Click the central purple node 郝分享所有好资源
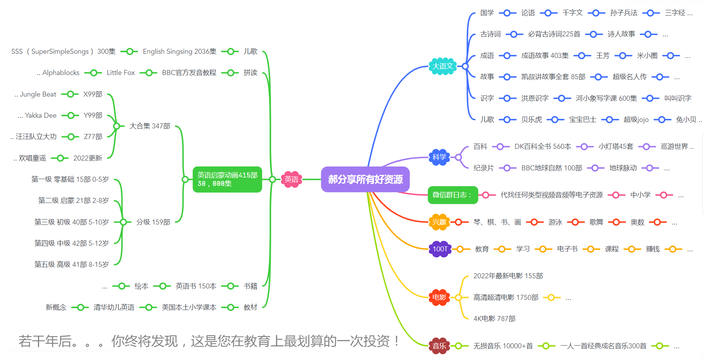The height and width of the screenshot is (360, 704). (365, 179)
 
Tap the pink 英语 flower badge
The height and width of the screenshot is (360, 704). (291, 179)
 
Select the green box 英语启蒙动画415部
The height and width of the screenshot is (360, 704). (227, 179)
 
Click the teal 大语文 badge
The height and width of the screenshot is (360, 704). (443, 66)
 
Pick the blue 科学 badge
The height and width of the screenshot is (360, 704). (439, 157)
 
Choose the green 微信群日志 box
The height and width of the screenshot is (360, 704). (453, 195)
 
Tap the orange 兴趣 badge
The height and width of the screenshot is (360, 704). (439, 222)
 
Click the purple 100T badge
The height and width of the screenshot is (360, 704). (440, 249)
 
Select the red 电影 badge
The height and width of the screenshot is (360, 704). (439, 298)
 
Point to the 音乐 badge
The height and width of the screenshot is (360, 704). (439, 346)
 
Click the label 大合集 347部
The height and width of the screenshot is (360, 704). (150, 126)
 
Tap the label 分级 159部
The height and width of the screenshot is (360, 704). (153, 222)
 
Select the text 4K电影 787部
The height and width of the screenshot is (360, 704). (494, 319)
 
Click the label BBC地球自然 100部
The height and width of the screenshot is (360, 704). (551, 168)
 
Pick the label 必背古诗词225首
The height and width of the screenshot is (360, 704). (554, 34)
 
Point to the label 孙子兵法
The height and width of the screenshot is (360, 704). (623, 13)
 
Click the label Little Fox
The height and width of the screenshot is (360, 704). (120, 73)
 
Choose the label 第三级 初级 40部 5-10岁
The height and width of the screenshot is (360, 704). (72, 222)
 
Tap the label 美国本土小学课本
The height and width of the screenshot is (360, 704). (189, 307)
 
